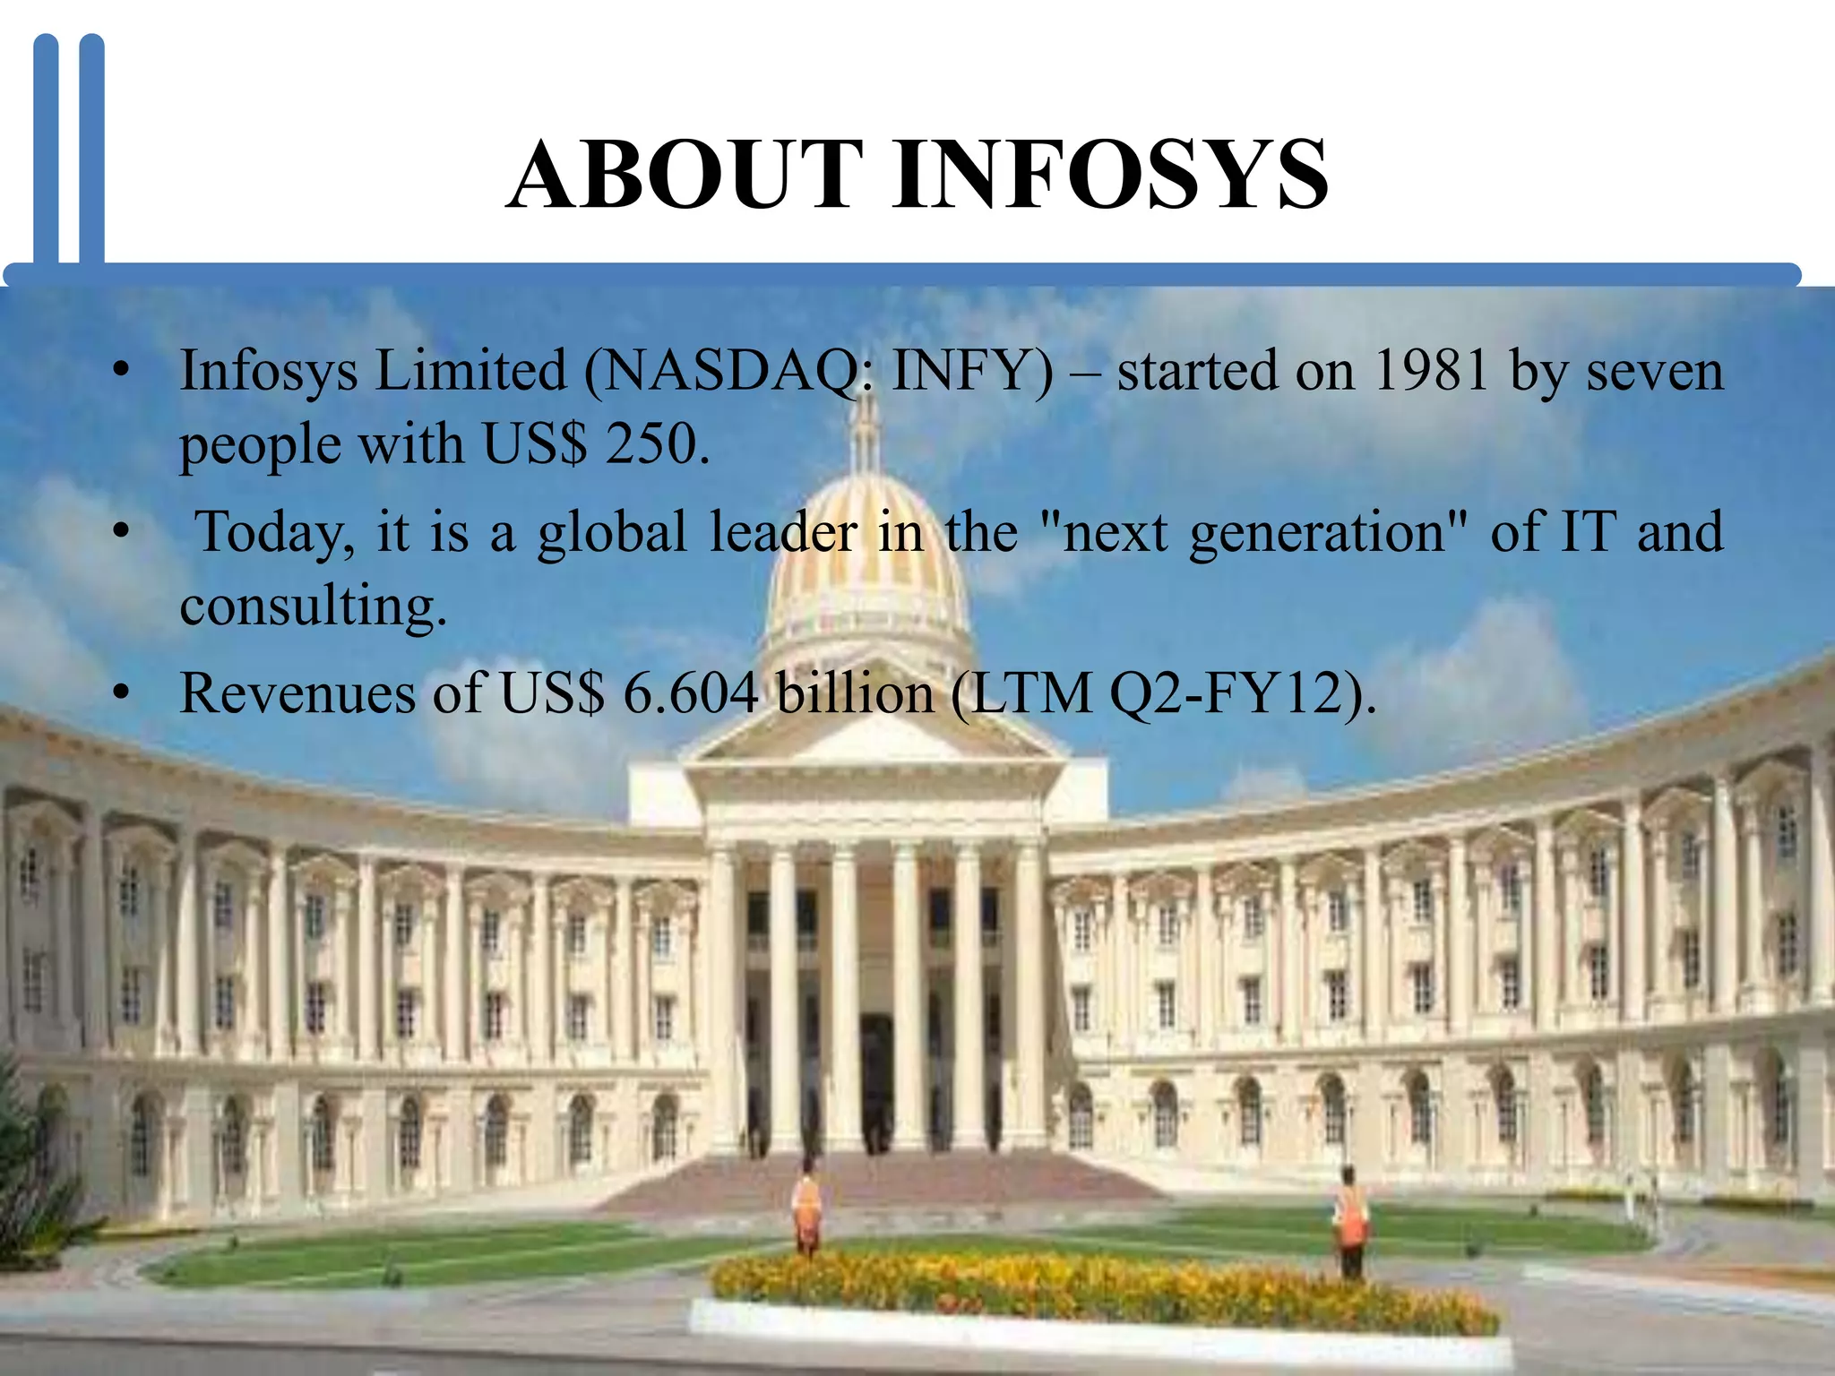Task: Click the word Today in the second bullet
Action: (274, 532)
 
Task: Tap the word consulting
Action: (312, 606)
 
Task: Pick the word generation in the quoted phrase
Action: (1317, 532)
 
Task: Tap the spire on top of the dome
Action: (866, 430)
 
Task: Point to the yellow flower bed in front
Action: (1102, 1290)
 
